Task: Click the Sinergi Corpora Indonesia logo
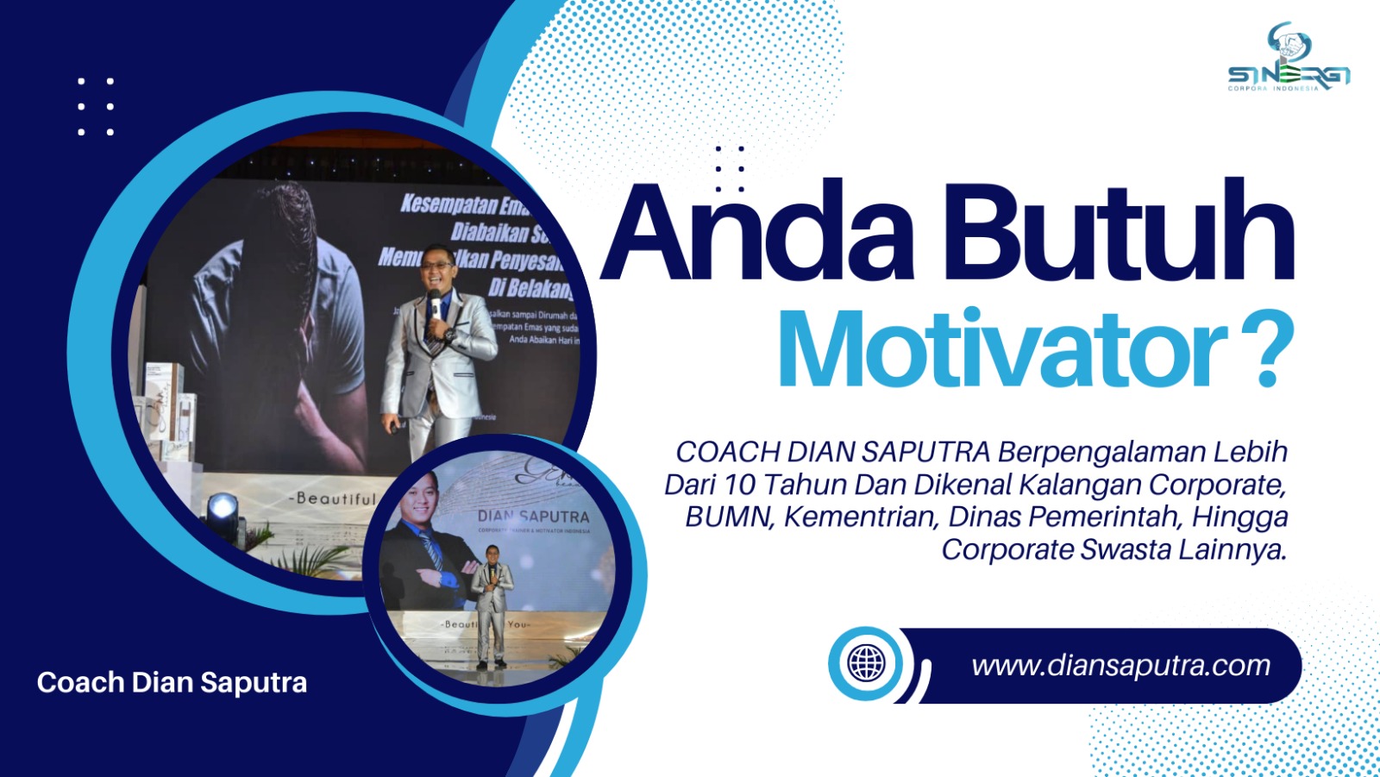(x=1289, y=60)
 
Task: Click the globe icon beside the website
(x=866, y=663)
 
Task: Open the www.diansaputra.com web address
(x=1120, y=666)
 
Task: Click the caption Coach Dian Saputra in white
(x=172, y=682)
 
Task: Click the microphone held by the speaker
(x=434, y=302)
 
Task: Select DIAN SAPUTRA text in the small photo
(x=533, y=516)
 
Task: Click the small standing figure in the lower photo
(x=492, y=604)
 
